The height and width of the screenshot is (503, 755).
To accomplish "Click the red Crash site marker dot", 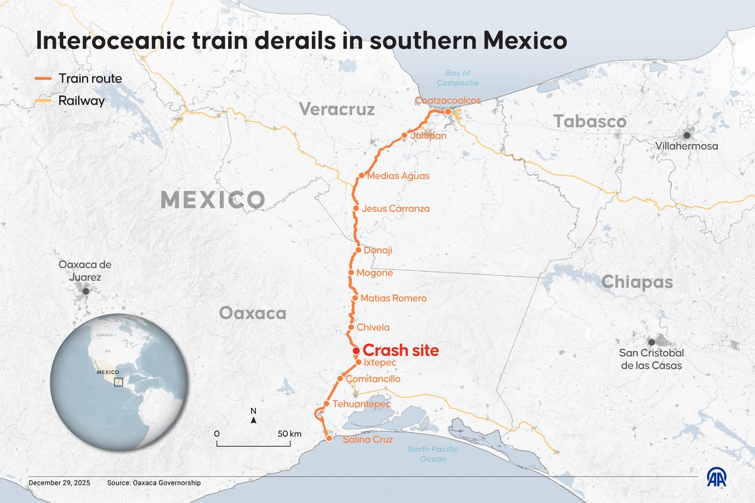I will [x=356, y=351].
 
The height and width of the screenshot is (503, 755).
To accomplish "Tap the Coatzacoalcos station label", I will [x=448, y=100].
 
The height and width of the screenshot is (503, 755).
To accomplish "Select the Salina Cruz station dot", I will [x=329, y=438].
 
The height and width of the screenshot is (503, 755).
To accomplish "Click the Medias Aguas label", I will [x=398, y=176].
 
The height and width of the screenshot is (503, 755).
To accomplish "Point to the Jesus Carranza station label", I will [x=395, y=208].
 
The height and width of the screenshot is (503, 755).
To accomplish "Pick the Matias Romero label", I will [x=393, y=298].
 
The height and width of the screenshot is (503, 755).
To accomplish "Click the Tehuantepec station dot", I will [x=326, y=404].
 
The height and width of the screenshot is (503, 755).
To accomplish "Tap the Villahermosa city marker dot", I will [x=687, y=135].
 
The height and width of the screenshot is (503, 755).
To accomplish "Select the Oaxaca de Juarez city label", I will [x=85, y=271].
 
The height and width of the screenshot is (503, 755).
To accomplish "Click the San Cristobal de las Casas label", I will [x=651, y=359].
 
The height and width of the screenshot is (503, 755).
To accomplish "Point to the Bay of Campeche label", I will [x=458, y=78].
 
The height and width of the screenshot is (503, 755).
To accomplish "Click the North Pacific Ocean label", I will [x=432, y=454].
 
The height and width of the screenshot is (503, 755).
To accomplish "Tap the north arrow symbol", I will [x=253, y=419].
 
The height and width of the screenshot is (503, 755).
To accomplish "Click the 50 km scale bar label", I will [x=289, y=434].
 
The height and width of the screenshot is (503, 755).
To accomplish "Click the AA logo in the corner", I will [x=717, y=478].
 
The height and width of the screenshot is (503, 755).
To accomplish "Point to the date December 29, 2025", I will [x=59, y=483].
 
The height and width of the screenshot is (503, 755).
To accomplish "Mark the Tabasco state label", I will [x=589, y=122].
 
